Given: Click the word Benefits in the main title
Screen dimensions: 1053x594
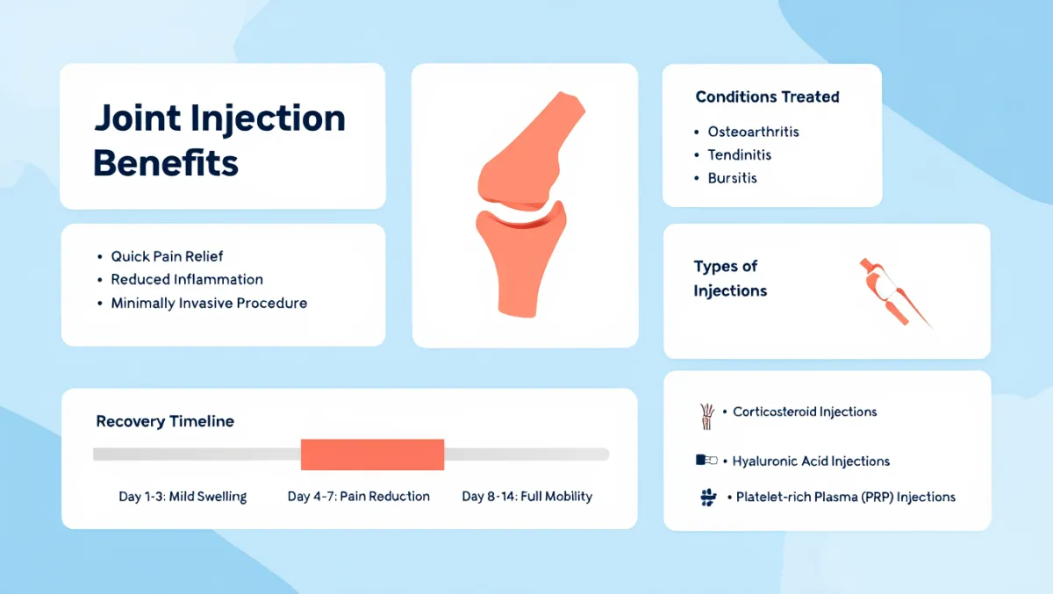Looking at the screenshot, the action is click(x=166, y=163).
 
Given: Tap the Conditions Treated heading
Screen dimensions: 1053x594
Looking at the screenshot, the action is click(x=767, y=97).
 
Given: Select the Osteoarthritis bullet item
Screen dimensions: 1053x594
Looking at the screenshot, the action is click(x=753, y=132).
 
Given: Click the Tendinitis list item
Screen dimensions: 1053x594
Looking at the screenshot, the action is click(x=740, y=154).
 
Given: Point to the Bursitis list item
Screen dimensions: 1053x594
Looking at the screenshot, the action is click(x=733, y=178).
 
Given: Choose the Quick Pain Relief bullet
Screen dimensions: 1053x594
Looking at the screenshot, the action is click(x=167, y=256).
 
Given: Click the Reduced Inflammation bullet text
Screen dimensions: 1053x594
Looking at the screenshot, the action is click(x=187, y=280).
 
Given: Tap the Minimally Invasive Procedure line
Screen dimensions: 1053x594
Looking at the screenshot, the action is click(x=209, y=303).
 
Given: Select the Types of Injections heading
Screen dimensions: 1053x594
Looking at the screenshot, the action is click(x=730, y=279).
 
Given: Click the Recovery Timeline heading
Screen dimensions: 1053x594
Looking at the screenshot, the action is click(x=165, y=421).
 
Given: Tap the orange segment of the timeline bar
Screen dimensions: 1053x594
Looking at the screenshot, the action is click(x=372, y=454).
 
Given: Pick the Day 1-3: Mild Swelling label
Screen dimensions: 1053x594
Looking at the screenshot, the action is click(x=183, y=497).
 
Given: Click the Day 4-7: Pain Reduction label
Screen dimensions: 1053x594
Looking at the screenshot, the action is click(x=359, y=497).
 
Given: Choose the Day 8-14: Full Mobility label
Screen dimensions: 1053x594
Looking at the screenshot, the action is click(x=527, y=497).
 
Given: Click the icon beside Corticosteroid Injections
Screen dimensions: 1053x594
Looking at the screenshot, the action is click(x=706, y=417).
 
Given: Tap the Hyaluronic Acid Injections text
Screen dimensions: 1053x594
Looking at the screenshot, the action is click(x=811, y=462).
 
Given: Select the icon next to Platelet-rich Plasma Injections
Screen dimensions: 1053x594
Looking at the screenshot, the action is click(x=708, y=497).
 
